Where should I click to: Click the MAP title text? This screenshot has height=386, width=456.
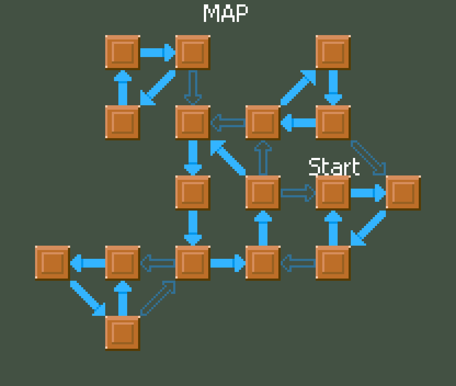[226, 13]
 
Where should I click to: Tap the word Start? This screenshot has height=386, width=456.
[334, 166]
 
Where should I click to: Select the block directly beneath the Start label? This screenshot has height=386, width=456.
[333, 193]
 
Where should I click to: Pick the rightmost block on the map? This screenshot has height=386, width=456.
[403, 193]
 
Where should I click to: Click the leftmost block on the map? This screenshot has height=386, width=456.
[52, 263]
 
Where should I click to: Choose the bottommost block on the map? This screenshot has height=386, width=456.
[122, 333]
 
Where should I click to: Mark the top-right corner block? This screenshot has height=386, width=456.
[333, 52]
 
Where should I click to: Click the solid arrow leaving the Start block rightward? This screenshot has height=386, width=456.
[368, 193]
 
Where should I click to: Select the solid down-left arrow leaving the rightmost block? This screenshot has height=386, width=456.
[368, 228]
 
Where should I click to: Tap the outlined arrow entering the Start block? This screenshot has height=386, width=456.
[298, 193]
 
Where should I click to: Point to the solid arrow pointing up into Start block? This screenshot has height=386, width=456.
[333, 228]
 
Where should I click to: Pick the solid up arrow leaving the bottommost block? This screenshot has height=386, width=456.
[122, 298]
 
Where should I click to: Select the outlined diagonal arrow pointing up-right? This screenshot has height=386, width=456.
[158, 298]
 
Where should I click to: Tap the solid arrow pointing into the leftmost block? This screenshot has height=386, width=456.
[87, 263]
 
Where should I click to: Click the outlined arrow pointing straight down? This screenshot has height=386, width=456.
[193, 87]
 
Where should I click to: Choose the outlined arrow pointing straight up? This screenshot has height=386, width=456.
[263, 158]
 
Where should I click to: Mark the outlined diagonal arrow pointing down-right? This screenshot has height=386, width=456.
[368, 158]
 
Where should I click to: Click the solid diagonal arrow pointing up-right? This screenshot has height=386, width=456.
[298, 87]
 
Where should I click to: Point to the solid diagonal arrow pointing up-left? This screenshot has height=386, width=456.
[228, 158]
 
